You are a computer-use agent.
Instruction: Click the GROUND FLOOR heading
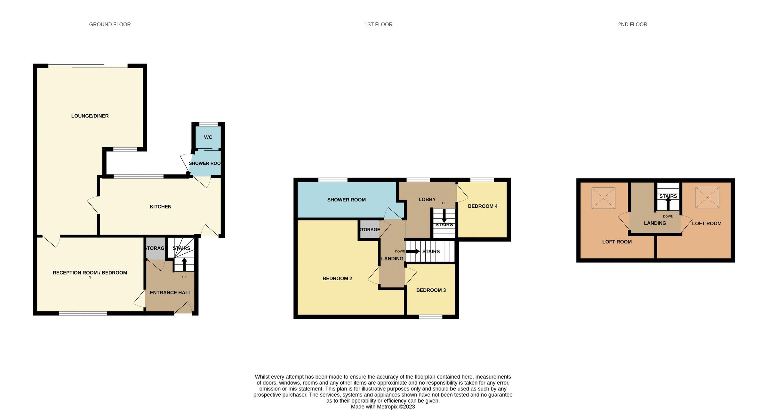110,24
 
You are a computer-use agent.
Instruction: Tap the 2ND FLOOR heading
632,24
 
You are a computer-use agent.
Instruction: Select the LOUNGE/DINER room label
90,116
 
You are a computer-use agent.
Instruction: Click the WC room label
208,137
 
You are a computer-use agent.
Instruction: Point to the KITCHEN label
161,207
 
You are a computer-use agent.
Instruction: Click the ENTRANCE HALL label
170,292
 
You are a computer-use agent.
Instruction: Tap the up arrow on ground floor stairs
184,265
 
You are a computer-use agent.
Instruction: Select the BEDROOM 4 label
483,206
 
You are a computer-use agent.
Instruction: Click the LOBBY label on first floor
427,199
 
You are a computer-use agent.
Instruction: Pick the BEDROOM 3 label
431,290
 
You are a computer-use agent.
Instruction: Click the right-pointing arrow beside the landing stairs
413,251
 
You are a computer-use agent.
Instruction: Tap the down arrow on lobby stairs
444,216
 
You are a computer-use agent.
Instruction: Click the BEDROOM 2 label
337,278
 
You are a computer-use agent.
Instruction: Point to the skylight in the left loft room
603,198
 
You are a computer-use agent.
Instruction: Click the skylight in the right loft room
707,198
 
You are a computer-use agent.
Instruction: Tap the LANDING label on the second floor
655,223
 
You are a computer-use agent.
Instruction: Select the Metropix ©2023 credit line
383,406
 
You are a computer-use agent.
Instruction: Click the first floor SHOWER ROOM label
346,200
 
